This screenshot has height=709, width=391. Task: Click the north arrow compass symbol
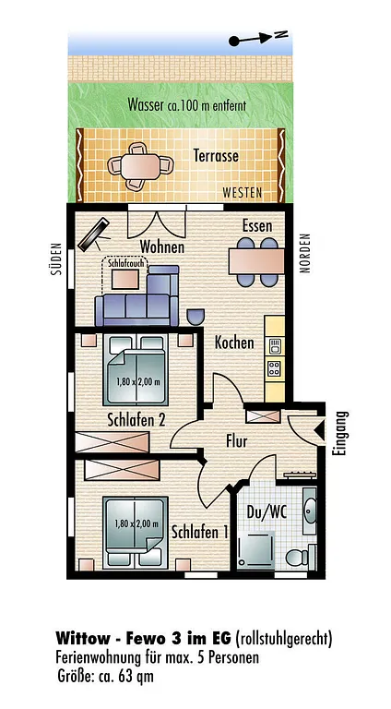coord(258,38)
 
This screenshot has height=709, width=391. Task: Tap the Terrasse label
coord(216,156)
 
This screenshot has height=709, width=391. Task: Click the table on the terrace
coord(140,165)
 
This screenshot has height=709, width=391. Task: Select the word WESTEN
coord(242,193)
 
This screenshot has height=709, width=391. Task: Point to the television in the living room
coord(94,234)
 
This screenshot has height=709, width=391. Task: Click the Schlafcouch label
coord(125,262)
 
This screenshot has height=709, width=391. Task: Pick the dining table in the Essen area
coord(256,261)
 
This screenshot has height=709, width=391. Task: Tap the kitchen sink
coord(275,347)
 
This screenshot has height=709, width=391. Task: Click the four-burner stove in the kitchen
coord(275,368)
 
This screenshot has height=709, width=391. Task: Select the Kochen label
coord(234,342)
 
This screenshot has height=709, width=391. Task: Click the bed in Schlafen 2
coord(136,370)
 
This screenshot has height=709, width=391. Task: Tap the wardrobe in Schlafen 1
coord(122,470)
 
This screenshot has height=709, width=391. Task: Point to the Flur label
coord(237,441)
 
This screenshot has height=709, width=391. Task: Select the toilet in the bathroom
coord(301,557)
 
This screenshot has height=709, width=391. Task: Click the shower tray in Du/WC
coord(256,550)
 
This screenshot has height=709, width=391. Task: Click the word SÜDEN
coord(56,259)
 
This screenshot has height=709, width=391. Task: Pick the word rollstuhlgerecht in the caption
coord(283,639)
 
